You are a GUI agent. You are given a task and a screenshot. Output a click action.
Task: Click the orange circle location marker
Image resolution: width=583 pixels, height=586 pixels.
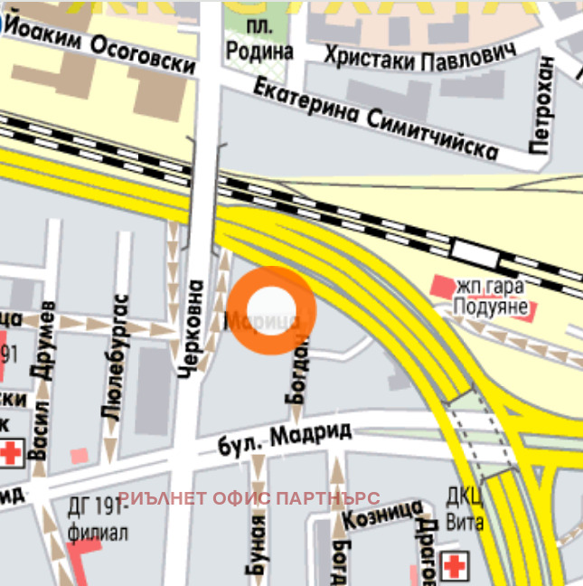[x=271, y=309]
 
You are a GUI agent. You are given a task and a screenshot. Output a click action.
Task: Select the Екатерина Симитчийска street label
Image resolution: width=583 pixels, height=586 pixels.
[x=375, y=118]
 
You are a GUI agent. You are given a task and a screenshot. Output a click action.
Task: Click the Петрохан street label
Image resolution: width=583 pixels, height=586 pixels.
[x=542, y=105]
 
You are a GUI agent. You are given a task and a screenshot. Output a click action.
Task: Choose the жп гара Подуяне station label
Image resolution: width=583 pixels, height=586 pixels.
[x=495, y=296]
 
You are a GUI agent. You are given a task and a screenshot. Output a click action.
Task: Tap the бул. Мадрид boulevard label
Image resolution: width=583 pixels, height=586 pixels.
[x=285, y=439]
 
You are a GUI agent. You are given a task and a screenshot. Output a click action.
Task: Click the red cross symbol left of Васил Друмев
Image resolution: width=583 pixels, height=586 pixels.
[x=11, y=453]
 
